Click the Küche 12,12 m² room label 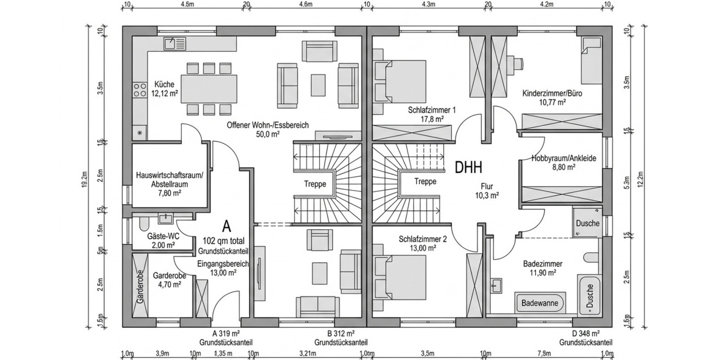(x=165, y=88)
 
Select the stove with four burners (x=139, y=91)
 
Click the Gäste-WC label (x=161, y=241)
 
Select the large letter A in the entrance (x=226, y=226)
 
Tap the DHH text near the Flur (x=469, y=167)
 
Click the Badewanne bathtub (x=539, y=303)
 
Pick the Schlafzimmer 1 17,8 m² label (x=432, y=115)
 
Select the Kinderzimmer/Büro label (x=552, y=98)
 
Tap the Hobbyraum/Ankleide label (x=563, y=163)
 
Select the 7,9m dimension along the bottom (x=544, y=353)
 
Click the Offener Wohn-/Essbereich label (x=268, y=130)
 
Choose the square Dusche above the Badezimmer (x=587, y=223)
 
